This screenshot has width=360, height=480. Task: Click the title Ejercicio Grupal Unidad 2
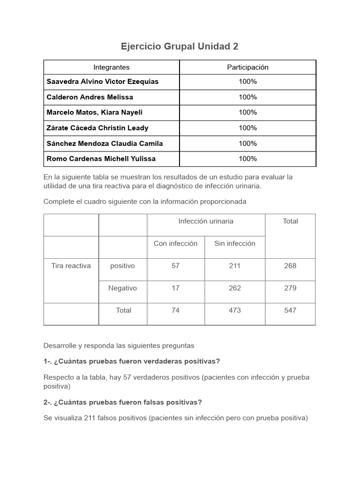(180, 46)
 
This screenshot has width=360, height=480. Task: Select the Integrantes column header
(112, 67)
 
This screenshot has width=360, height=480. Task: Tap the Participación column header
(247, 67)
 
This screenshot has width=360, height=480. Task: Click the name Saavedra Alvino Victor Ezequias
(103, 82)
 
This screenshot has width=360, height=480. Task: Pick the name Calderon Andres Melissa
(90, 97)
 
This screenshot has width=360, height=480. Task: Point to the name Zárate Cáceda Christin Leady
(97, 128)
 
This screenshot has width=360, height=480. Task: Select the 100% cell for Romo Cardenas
(247, 158)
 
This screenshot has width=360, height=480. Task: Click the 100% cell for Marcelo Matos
(247, 112)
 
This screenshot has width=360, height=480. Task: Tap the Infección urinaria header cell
(206, 221)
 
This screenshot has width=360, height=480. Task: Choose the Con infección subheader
(176, 243)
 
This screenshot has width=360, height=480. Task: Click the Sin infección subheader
(235, 243)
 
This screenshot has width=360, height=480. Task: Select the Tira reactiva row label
(71, 266)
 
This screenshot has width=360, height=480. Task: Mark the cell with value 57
(176, 266)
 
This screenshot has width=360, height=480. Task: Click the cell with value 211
(235, 266)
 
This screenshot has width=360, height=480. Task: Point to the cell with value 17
(176, 288)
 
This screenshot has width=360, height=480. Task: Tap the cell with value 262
(235, 288)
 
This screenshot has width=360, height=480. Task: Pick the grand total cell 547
(290, 310)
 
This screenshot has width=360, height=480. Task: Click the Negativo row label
(123, 288)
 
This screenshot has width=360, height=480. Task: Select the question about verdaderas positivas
(132, 361)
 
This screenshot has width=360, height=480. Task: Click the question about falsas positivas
(123, 402)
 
